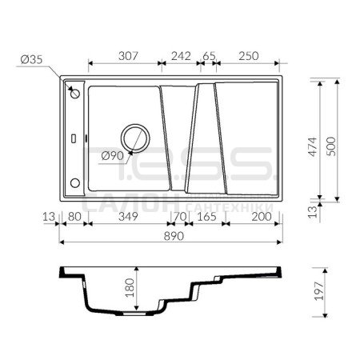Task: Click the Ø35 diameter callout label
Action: (31, 59)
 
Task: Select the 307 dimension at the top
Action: (128, 56)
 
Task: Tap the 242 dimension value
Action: (181, 56)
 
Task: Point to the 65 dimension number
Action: (209, 56)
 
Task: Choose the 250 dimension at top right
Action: (249, 56)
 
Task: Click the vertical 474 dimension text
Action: (313, 146)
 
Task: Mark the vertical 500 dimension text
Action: (331, 146)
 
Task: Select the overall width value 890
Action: (174, 236)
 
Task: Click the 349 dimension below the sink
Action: (128, 217)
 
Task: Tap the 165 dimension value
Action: (206, 217)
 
